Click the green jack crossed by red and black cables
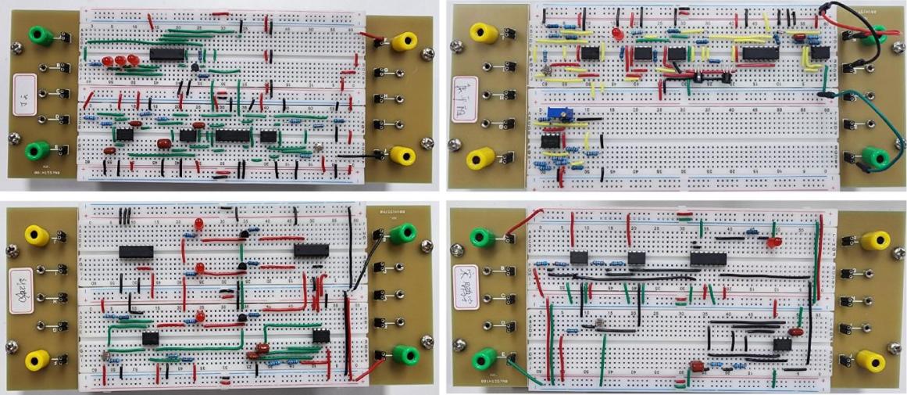tap(872, 33)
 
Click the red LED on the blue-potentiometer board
tap(616, 34)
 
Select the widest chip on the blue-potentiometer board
tap(760, 52)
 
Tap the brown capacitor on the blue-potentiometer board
tap(799, 36)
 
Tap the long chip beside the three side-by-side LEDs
tap(166, 54)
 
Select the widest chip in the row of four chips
tap(231, 135)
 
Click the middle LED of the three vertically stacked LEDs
tap(199, 268)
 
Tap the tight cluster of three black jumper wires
tap(125, 216)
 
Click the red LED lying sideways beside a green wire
tap(774, 242)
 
